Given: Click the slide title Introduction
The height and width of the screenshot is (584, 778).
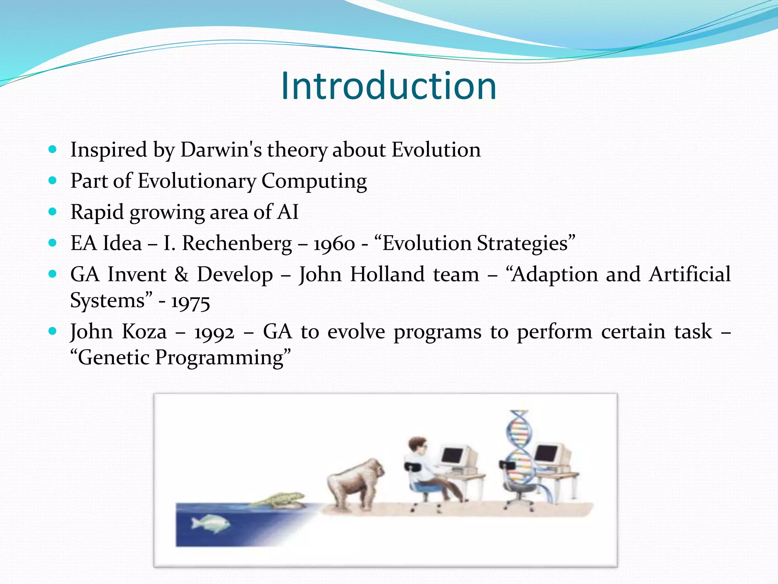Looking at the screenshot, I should click(x=389, y=86).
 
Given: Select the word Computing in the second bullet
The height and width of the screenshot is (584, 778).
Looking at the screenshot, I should click(x=314, y=181).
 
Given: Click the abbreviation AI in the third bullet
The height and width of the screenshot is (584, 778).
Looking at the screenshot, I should click(x=288, y=212).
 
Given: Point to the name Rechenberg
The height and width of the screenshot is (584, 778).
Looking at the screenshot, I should click(x=237, y=243).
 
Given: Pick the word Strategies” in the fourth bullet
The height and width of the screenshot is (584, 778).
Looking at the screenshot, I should click(x=526, y=244).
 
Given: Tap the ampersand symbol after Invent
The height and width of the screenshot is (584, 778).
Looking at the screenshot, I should click(x=181, y=275).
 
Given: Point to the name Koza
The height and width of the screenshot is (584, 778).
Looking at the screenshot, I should click(x=144, y=332).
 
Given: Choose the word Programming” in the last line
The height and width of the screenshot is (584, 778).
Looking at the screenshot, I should click(x=223, y=358).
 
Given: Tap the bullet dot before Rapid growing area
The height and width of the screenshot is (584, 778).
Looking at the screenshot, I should click(x=53, y=211).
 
